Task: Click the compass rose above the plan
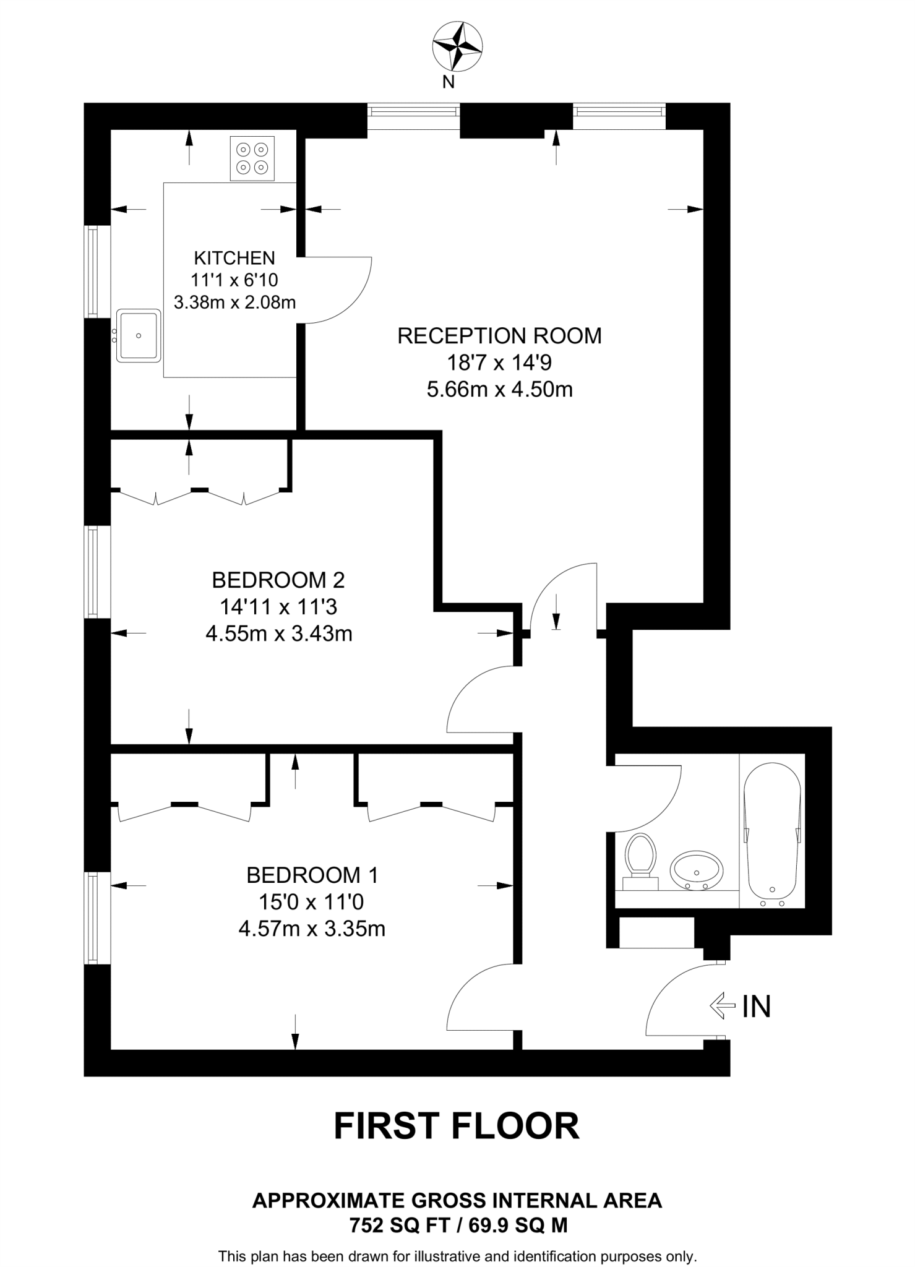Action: tap(457, 46)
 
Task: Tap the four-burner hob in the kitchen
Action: tap(252, 158)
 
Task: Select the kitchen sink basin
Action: tap(139, 336)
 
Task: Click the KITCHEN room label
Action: tap(234, 257)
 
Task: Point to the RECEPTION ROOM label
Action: tap(499, 336)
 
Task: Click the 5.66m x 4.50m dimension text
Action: tap(499, 389)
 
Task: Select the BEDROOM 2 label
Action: tap(278, 580)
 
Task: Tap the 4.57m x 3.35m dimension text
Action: tap(311, 929)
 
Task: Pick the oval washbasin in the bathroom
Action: tap(697, 870)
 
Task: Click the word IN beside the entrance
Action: tap(757, 1007)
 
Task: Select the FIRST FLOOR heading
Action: tap(457, 1126)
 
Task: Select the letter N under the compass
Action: tap(449, 82)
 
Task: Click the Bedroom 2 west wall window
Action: tap(93, 572)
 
